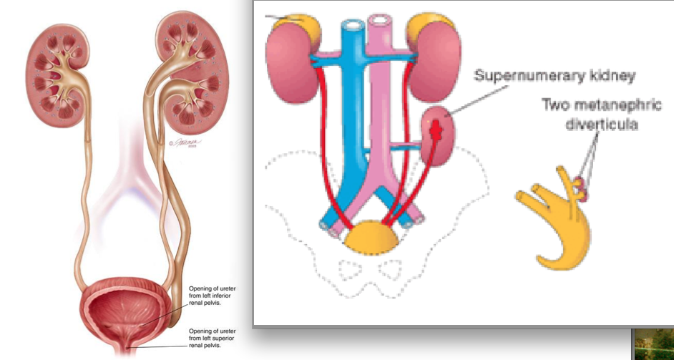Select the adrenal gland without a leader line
(429, 27)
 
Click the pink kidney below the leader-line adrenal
(292, 68)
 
